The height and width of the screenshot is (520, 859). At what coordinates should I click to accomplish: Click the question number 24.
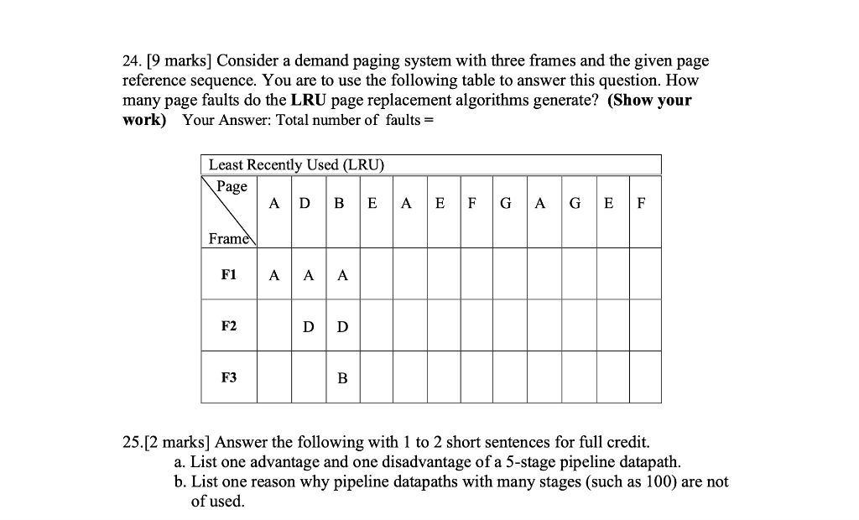coord(131,61)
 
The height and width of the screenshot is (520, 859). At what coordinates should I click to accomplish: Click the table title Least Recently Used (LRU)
coord(296,164)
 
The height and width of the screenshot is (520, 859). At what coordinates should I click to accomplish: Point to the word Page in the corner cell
coord(232,186)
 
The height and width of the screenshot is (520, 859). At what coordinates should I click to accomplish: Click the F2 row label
coord(229,325)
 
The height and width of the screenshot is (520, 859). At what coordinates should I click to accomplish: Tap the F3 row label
coord(229,377)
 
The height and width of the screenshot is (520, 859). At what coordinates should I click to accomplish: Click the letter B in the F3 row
coord(342,378)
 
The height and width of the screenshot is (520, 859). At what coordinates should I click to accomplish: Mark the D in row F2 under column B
coord(342,326)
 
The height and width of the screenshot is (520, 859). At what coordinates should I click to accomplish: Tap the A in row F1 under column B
coord(342,274)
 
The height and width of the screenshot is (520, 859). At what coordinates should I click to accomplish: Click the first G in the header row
coord(505,203)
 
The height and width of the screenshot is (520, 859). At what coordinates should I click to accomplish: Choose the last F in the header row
coord(642,203)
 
